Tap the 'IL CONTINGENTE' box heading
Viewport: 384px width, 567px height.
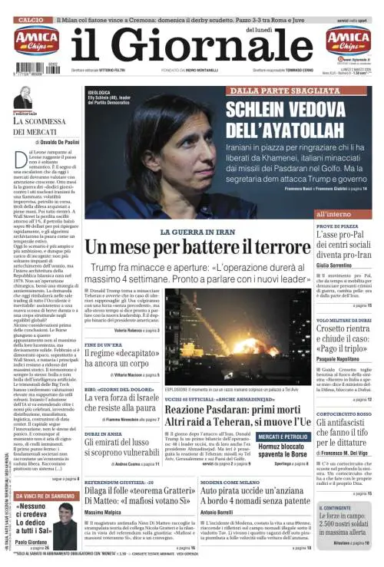click(334, 508)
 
